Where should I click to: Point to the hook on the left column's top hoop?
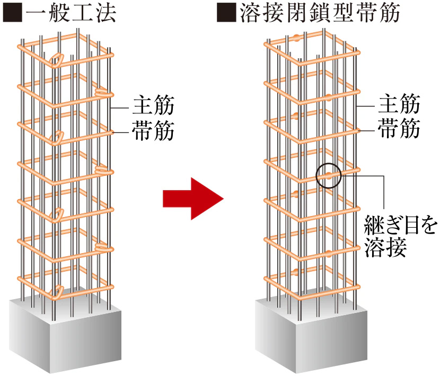click(x=57, y=59)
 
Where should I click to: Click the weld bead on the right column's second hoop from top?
click(x=329, y=97)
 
